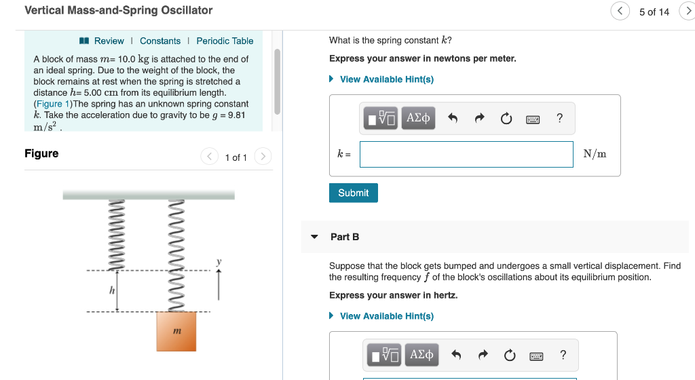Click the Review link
click(108, 41)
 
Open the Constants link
click(160, 41)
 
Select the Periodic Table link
click(225, 41)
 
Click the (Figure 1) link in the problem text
click(52, 104)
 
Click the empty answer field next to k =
click(466, 154)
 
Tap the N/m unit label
click(595, 154)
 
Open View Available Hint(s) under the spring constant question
click(386, 79)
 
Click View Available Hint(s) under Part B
click(386, 316)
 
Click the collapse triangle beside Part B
click(314, 237)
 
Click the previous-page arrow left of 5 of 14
click(620, 12)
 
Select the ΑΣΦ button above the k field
click(417, 118)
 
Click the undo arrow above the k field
click(453, 119)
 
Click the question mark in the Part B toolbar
click(563, 355)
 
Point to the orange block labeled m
click(177, 330)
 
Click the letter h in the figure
click(112, 290)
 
